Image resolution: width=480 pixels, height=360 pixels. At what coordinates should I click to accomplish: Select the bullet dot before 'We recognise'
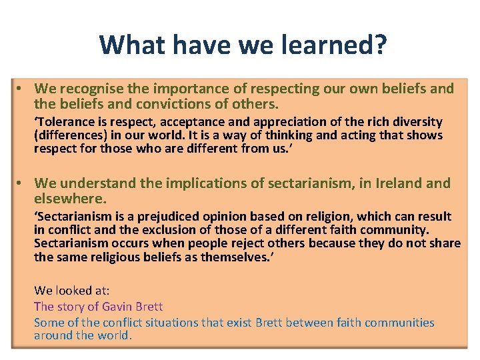point(23,89)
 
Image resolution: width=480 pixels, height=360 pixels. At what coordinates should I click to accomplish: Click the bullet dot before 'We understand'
point(23,183)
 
